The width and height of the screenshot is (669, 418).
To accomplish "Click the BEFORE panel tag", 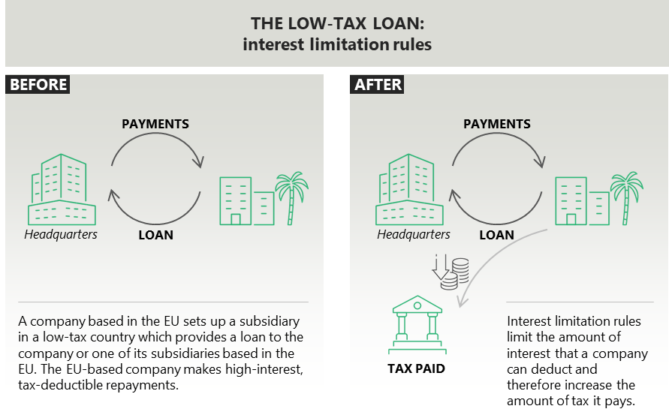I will [x=38, y=84].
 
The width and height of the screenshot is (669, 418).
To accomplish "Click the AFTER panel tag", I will [x=378, y=84].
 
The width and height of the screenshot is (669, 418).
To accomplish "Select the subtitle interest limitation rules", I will [x=337, y=44].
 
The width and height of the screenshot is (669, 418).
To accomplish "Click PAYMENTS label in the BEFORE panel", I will [x=155, y=124].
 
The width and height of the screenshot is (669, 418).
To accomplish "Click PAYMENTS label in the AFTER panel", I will [x=496, y=124].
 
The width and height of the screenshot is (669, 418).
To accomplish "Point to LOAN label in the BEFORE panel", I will [x=155, y=235].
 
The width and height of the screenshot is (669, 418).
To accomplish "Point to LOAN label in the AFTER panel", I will [x=496, y=235].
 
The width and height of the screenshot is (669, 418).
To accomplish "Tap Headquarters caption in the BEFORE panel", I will [x=61, y=235].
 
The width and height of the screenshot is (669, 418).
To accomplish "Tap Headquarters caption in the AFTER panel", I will [x=414, y=235].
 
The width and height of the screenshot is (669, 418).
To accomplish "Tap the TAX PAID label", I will [x=416, y=368].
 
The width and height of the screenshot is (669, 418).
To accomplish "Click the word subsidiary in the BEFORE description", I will [x=270, y=320].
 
